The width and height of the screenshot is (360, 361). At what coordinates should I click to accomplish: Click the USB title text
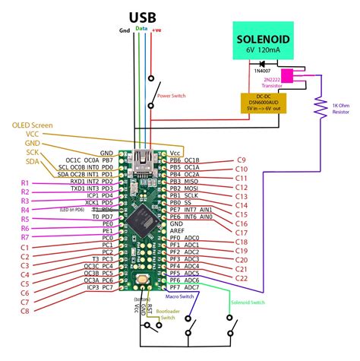[144, 16]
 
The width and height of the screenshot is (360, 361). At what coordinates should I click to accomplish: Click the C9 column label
[241, 160]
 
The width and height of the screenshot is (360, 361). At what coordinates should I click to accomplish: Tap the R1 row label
[25, 183]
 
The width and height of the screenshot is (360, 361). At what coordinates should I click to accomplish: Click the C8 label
[25, 311]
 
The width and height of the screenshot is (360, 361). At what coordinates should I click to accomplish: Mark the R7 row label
[25, 237]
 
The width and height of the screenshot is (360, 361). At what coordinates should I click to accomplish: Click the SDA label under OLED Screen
[32, 161]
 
